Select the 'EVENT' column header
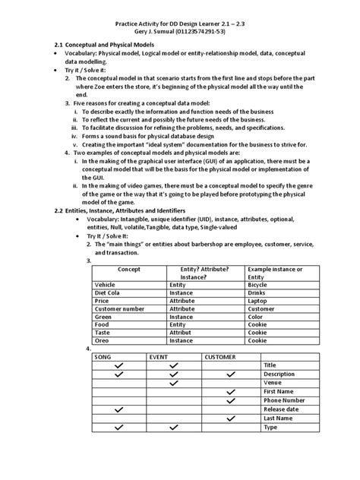click(159, 356)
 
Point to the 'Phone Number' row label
click(284, 400)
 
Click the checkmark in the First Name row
click(230, 391)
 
